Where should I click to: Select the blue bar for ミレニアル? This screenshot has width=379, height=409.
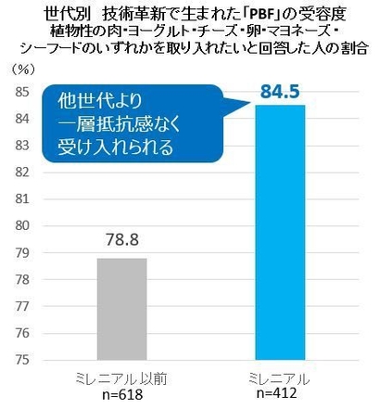tap(279, 232)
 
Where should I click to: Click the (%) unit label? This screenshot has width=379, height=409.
tap(21, 69)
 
